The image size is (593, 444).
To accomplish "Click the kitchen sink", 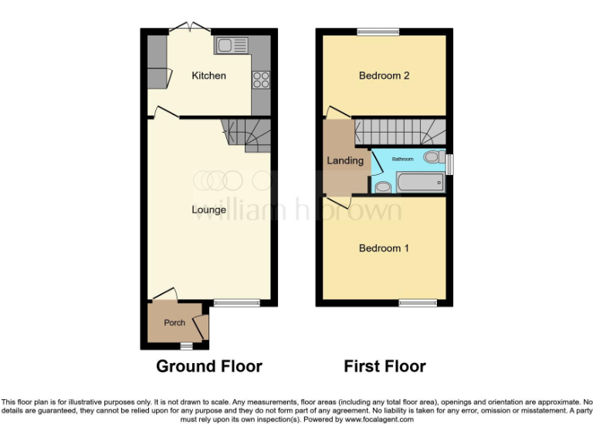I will [231, 45].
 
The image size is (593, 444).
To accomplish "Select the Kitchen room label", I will [208, 76].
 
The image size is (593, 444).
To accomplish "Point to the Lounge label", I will [208, 210].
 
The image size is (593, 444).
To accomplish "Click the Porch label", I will [175, 322].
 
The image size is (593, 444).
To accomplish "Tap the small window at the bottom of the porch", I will [185, 347].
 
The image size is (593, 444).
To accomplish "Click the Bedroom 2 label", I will [384, 76].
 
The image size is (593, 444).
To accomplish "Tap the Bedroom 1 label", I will [384, 248].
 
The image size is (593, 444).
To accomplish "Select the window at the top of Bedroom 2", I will [378, 32].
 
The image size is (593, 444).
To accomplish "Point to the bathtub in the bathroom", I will [419, 183].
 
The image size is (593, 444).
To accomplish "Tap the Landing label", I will [344, 160].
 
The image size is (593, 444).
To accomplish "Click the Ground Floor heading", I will [208, 366].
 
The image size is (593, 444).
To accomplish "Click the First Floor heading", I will [385, 366].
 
